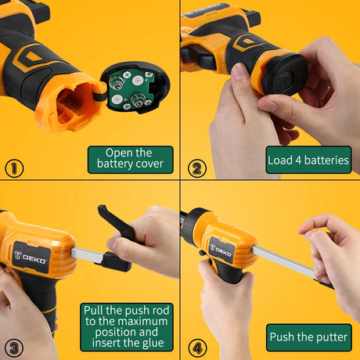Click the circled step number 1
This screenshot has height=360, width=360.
(x=14, y=168)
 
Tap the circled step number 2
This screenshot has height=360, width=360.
(x=197, y=168)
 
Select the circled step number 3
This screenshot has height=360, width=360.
(x=14, y=348)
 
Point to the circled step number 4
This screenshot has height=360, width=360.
(x=197, y=348)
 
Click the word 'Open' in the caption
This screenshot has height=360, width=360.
(x=117, y=153)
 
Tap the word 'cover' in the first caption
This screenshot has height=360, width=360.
(x=149, y=164)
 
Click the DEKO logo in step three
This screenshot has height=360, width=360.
(x=31, y=257)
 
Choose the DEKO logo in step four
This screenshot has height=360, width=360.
(x=221, y=251)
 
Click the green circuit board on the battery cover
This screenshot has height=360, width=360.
(x=130, y=91)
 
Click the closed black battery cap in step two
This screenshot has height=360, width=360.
(x=285, y=74)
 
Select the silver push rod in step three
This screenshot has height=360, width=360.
(x=88, y=255)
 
